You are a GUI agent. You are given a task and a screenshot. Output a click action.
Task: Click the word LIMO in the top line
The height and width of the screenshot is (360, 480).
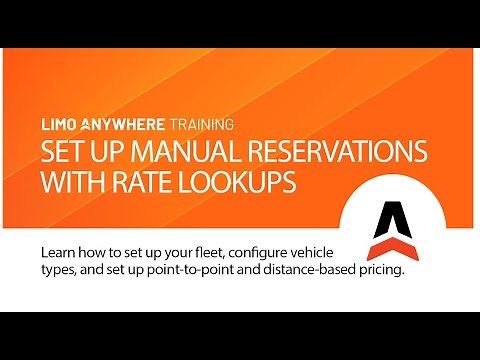[56, 126]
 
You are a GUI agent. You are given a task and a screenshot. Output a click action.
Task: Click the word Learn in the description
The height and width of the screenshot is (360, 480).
[61, 250]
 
